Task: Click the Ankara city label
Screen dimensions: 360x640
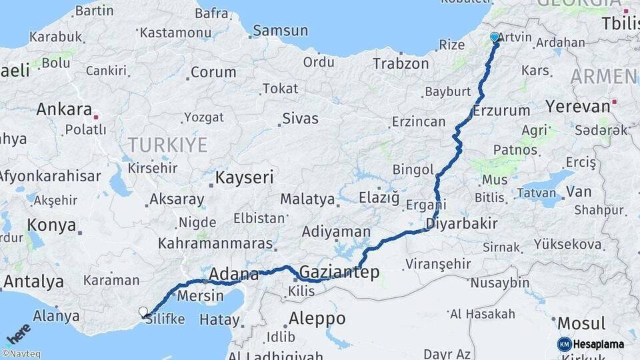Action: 64,109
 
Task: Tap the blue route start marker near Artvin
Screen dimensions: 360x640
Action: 495,37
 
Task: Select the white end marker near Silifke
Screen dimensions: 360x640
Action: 143,311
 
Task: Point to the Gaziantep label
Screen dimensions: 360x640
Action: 339,271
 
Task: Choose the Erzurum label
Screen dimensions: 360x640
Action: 501,111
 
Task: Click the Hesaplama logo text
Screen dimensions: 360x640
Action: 599,344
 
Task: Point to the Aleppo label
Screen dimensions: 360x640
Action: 317,318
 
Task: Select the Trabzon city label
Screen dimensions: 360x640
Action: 401,63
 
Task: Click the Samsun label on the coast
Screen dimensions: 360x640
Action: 280,31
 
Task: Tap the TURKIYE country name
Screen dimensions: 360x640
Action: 167,145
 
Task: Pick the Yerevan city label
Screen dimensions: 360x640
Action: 577,106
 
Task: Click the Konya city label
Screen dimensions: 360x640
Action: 52,225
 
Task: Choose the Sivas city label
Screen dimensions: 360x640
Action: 300,119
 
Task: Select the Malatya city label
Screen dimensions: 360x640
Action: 307,199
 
